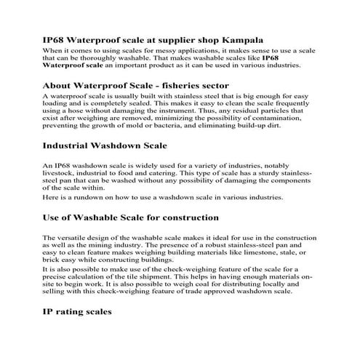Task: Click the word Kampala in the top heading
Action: click(x=242, y=39)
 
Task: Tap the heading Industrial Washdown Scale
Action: click(x=105, y=145)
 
